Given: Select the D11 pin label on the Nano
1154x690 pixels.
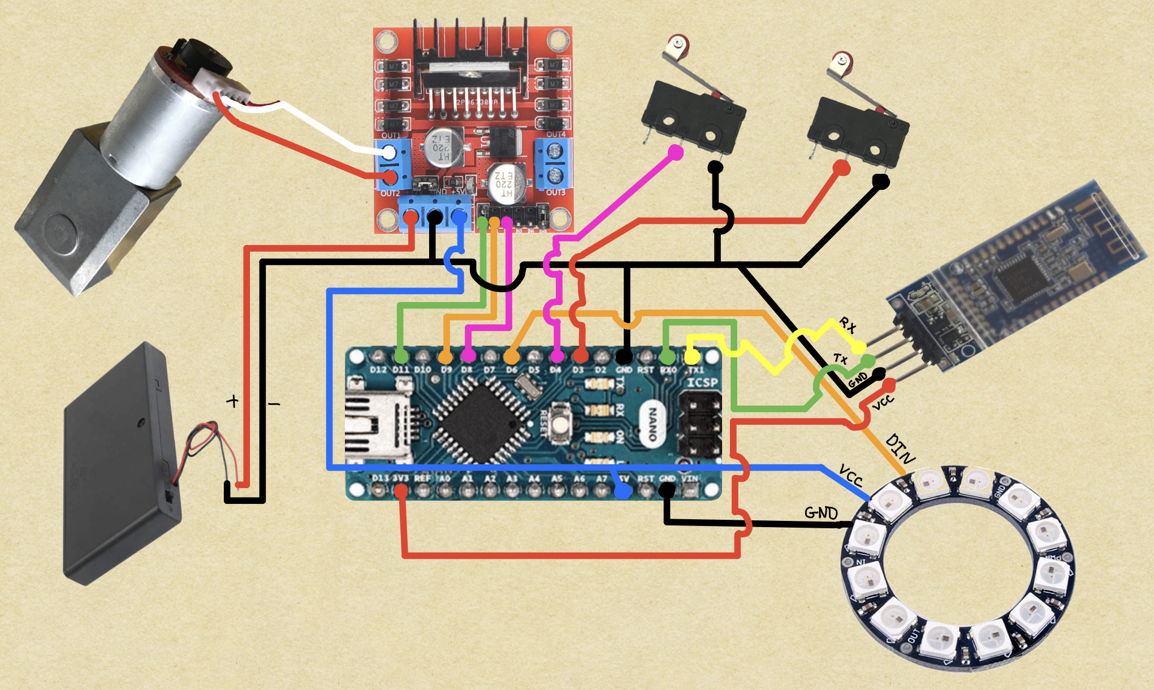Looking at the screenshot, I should (x=400, y=369).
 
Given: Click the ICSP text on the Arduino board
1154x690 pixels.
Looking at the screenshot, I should (x=702, y=382).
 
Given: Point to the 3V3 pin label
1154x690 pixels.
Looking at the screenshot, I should (x=400, y=478).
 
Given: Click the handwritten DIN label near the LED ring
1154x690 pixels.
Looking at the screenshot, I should (x=900, y=448).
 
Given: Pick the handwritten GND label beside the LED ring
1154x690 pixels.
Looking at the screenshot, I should (x=821, y=513).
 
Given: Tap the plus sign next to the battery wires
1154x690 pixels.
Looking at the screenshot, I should (x=232, y=401).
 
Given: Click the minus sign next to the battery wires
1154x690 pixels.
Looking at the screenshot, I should (x=274, y=404).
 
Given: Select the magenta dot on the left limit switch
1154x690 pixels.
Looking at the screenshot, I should (x=675, y=152).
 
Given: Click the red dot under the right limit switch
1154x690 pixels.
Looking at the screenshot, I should (x=841, y=168).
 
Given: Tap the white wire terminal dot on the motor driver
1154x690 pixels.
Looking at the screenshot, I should (x=389, y=152).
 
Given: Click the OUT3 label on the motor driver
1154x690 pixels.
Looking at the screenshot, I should (x=555, y=192).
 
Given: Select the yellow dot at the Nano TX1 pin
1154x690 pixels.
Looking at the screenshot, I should (x=691, y=356).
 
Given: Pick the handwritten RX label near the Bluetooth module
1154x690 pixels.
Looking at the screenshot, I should (x=848, y=325).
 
